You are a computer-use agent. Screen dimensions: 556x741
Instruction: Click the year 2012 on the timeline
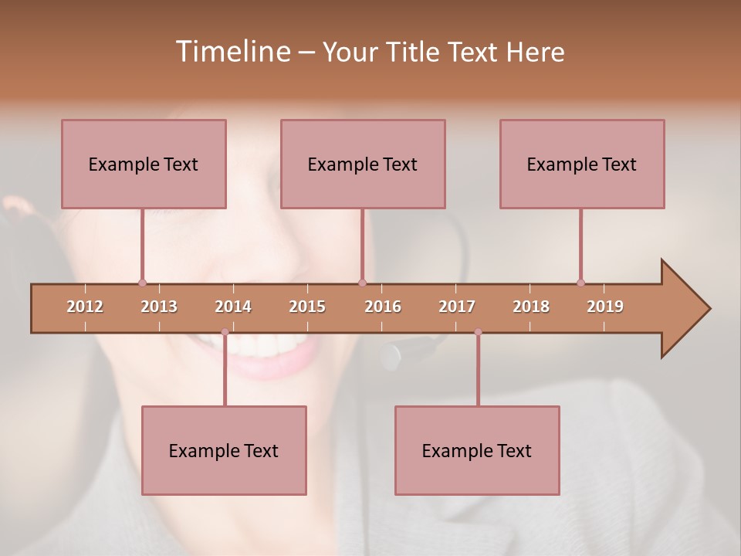point(85,307)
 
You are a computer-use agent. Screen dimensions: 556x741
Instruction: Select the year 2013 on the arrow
point(159,307)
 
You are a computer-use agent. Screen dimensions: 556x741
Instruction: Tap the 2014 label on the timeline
point(233,307)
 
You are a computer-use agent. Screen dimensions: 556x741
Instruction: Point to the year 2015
point(307,307)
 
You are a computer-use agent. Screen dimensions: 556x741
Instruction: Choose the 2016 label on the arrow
point(383,307)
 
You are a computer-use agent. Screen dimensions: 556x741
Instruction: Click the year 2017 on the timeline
point(457,307)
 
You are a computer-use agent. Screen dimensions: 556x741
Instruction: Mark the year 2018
point(531,307)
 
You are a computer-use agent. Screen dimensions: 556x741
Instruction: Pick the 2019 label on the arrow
point(605,307)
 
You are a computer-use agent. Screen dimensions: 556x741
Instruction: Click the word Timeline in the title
point(232,52)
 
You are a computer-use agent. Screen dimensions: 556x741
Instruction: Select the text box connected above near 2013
point(144,164)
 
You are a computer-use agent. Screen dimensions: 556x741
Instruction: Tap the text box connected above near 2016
point(363,164)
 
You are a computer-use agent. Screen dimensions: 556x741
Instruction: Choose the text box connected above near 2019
point(582,164)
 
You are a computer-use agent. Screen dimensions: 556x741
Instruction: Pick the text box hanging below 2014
point(224,450)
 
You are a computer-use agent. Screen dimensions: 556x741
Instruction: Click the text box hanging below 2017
point(477,450)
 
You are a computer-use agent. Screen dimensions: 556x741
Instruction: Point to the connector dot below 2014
point(225,332)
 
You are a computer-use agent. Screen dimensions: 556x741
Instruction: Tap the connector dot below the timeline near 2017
point(478,332)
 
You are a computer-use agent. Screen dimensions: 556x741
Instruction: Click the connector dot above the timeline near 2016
point(362,283)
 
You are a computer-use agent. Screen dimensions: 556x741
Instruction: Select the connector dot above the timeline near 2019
point(580,283)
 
